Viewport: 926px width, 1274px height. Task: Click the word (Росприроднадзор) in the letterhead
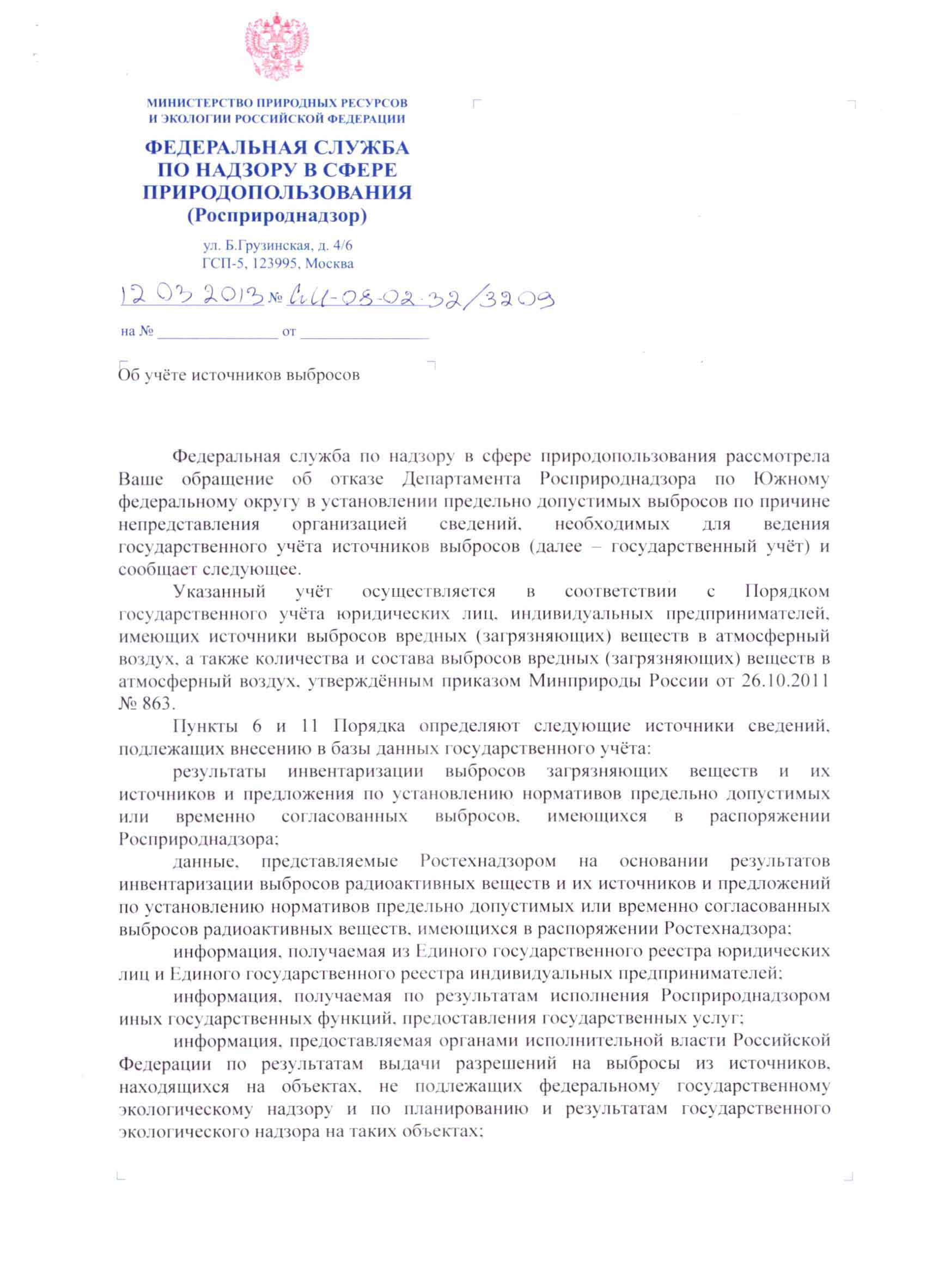(277, 215)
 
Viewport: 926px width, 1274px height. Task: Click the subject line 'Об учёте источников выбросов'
(239, 375)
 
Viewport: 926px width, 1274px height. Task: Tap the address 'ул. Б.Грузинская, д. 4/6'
(278, 246)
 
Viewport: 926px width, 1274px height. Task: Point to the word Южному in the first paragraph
(791, 479)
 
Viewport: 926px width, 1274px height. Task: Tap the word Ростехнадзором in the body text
(488, 861)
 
